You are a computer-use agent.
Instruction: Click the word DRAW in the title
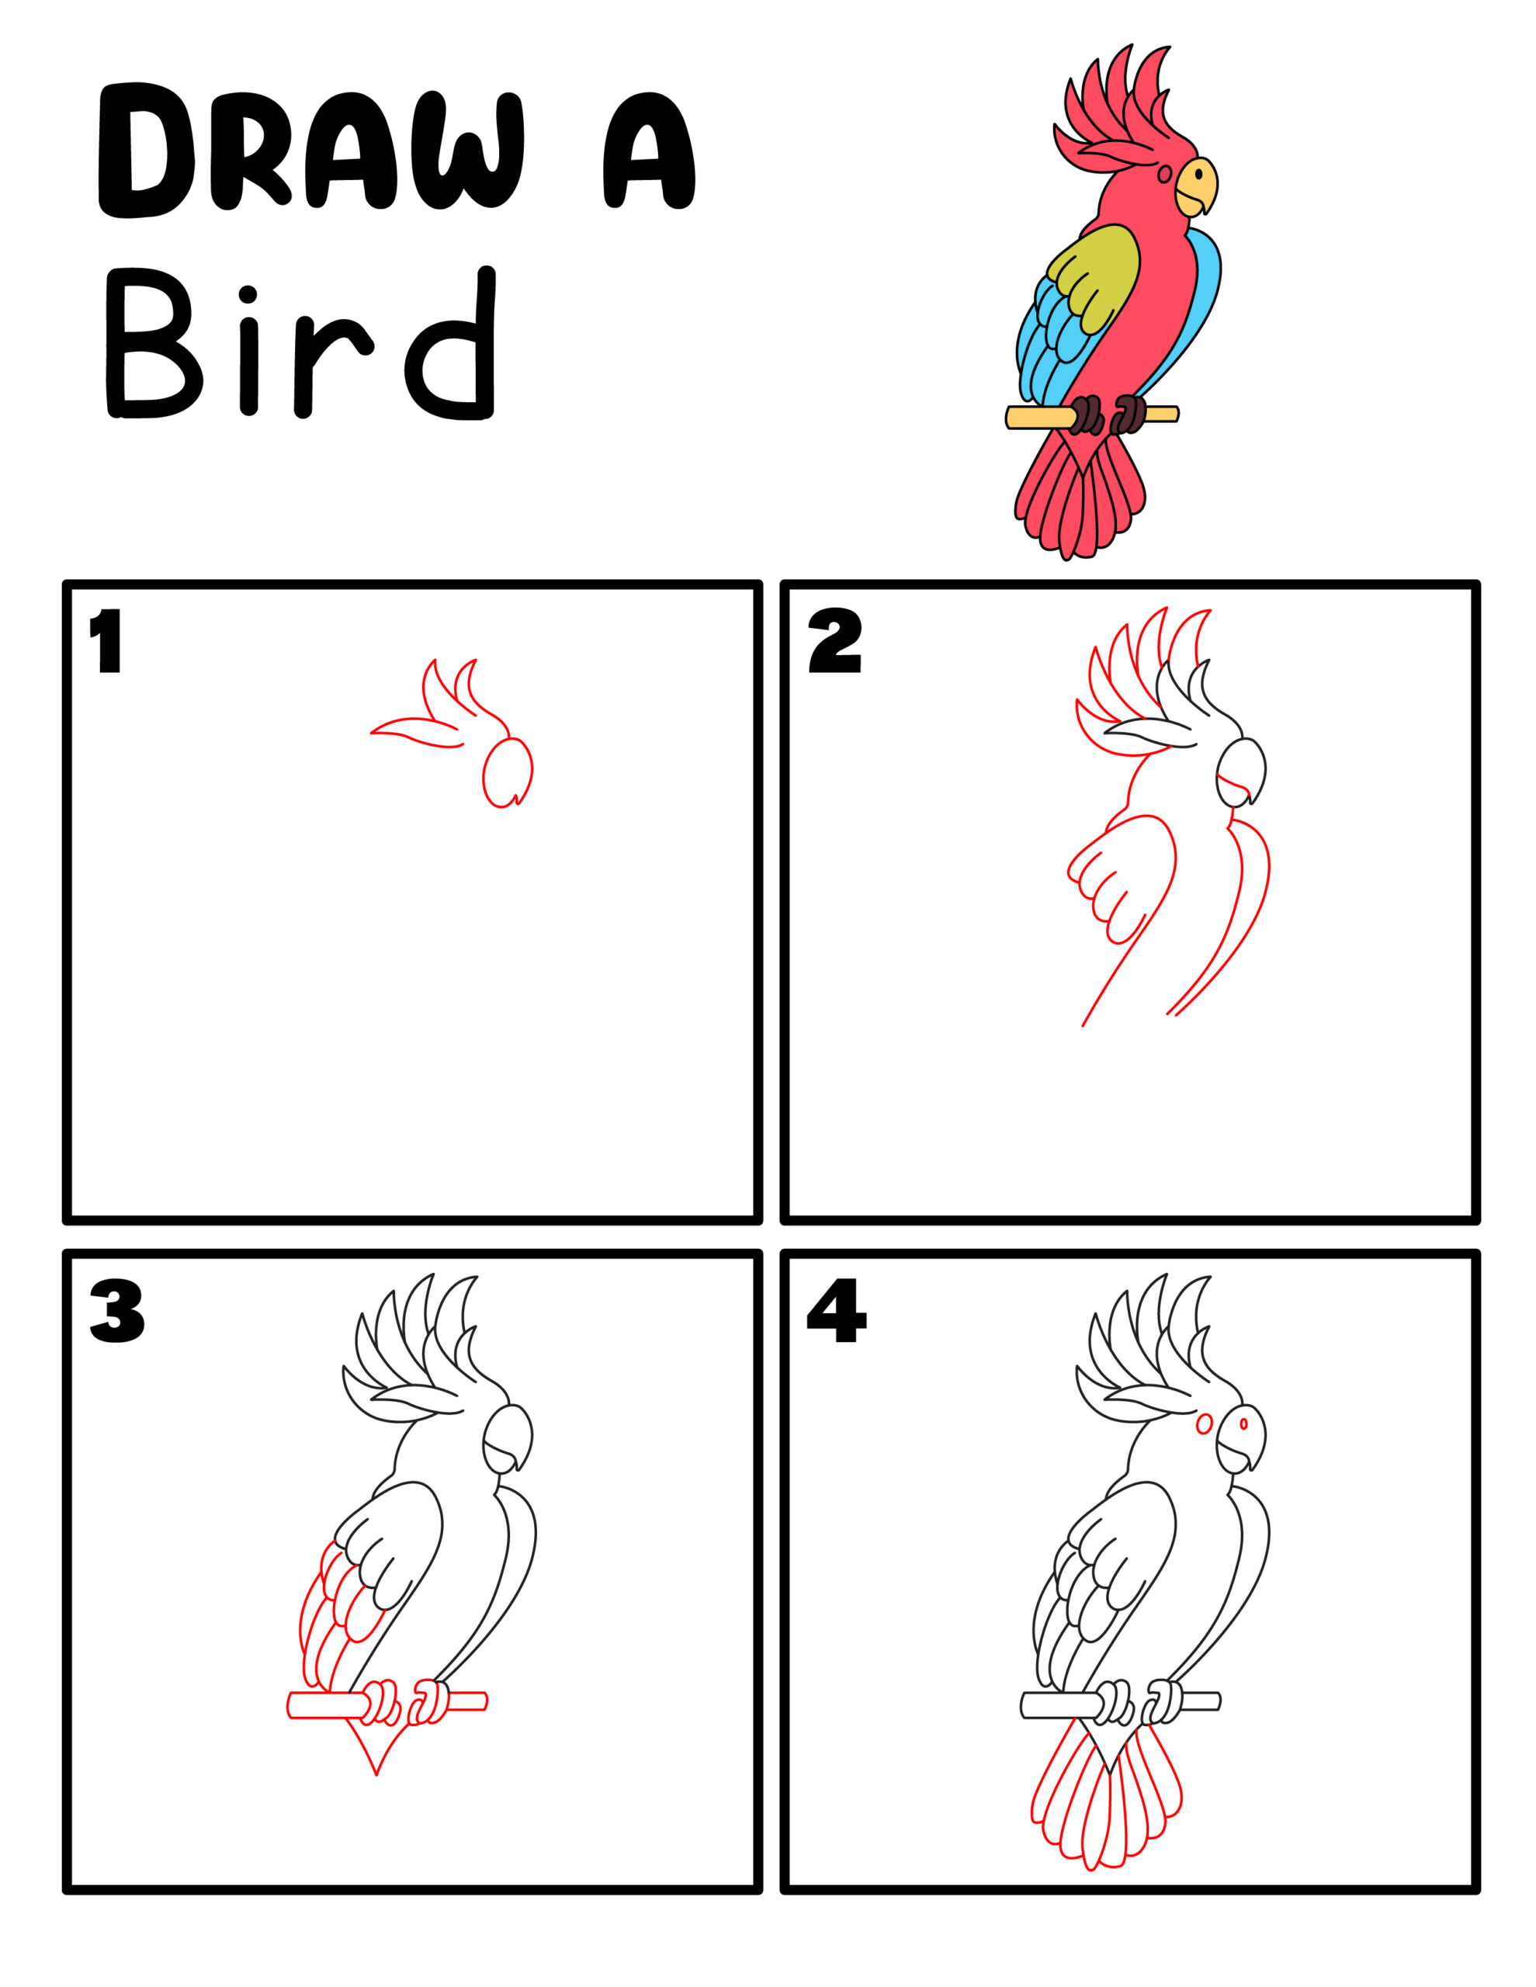coord(310,150)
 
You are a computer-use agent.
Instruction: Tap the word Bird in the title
coord(300,345)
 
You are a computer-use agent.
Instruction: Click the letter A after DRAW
coord(648,150)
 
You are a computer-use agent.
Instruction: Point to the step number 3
coord(116,1311)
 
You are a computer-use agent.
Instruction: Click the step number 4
coord(835,1311)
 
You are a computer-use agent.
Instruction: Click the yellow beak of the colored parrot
coord(1194,186)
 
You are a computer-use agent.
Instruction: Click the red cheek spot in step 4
coord(1204,1423)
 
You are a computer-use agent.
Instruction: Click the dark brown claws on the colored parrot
coord(1087,415)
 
